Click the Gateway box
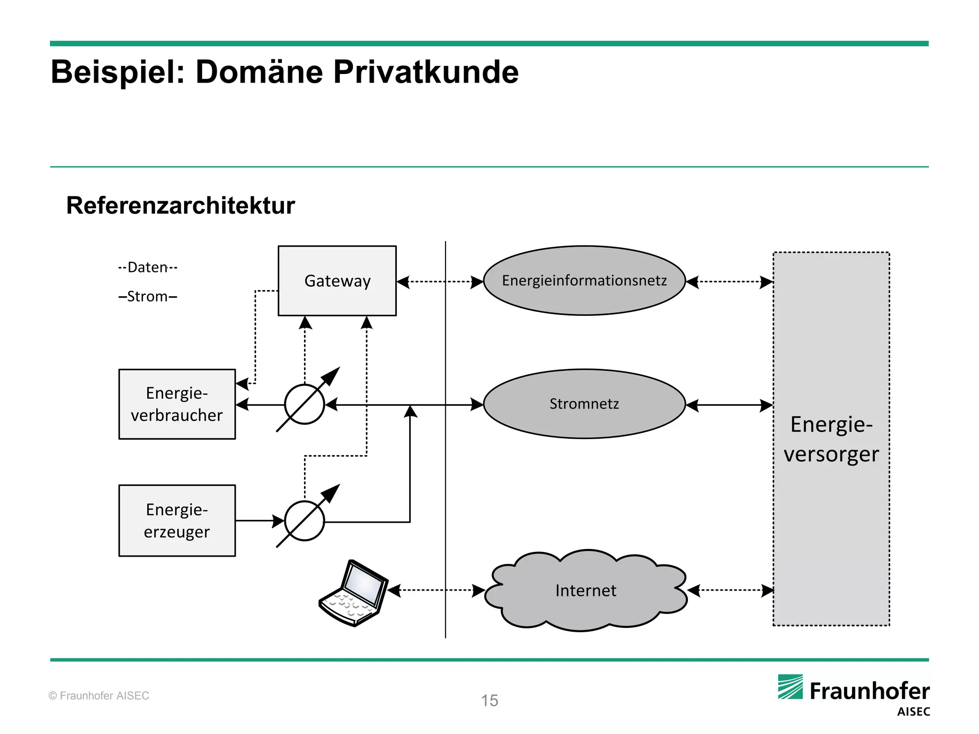[337, 281]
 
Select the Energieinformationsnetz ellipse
[584, 281]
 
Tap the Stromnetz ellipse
[584, 404]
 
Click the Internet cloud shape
[586, 591]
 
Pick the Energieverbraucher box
[177, 404]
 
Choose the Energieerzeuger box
[177, 521]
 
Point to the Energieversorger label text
[831, 439]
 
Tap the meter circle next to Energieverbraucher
[305, 404]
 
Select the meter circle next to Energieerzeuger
[305, 521]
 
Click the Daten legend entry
[148, 267]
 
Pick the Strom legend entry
[148, 296]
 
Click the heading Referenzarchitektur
[180, 205]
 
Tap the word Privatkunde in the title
[425, 72]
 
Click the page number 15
[489, 701]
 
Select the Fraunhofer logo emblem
[790, 687]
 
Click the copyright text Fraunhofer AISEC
[99, 696]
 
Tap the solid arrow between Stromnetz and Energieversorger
[729, 406]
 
